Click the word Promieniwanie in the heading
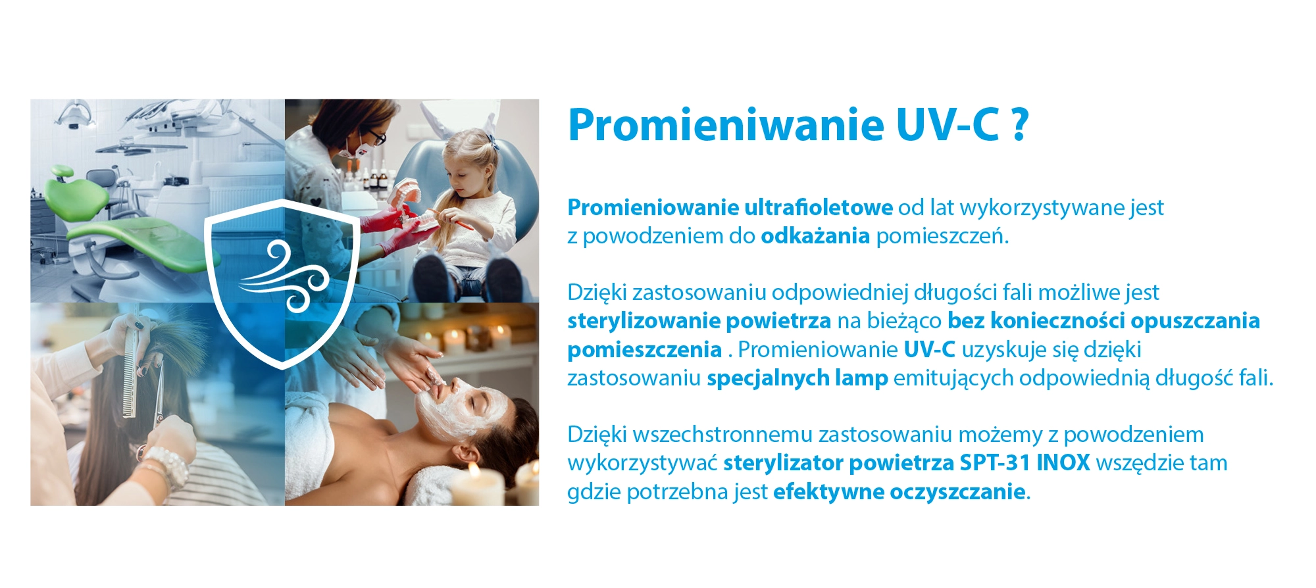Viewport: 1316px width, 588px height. click(726, 125)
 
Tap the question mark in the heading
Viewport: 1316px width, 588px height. click(1019, 125)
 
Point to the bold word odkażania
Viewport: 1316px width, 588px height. click(815, 236)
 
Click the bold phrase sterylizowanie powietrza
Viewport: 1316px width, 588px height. click(699, 322)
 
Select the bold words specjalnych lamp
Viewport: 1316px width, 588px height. click(797, 379)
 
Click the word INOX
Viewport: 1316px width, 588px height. click(1063, 463)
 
